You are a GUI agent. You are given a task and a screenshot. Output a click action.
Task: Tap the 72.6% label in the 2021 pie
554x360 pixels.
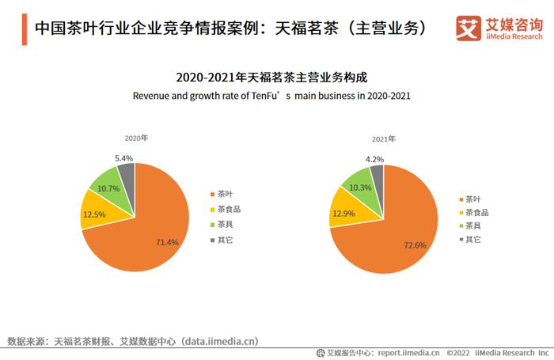[415, 245]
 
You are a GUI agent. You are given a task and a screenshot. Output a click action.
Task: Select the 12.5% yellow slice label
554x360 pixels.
[93, 214]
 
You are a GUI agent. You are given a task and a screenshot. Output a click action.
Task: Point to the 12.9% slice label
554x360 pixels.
[343, 214]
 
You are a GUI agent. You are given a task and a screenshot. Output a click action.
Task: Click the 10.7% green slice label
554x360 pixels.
[108, 188]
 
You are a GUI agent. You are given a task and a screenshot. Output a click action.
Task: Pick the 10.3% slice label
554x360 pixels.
[360, 188]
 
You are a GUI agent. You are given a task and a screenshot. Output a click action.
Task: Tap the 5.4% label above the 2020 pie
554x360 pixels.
[123, 158]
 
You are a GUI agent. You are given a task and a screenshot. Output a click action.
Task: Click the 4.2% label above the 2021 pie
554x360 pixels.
[375, 159]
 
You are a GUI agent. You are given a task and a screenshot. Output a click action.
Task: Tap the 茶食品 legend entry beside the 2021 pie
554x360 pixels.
[476, 212]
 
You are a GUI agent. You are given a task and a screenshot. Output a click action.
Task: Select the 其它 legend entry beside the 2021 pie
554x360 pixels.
[472, 239]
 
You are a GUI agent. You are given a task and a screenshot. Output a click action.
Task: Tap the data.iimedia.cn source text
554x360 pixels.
[220, 341]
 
